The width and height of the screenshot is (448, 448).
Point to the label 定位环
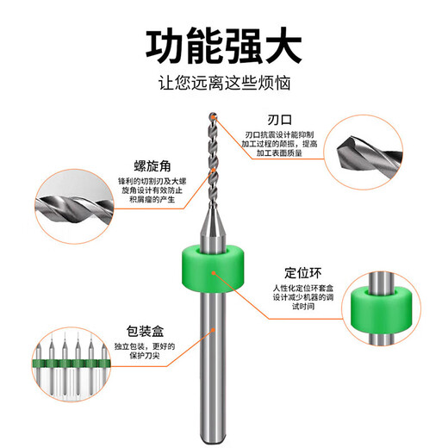click(x=302, y=271)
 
